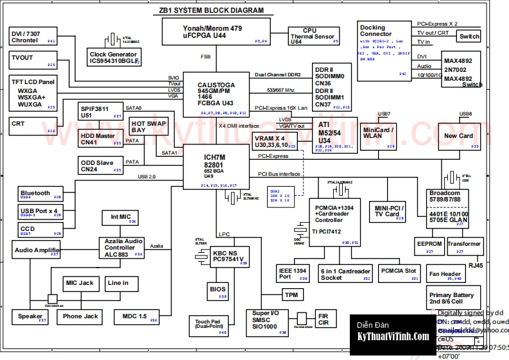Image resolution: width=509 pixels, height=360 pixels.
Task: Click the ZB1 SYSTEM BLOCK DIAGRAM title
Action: click(211, 11)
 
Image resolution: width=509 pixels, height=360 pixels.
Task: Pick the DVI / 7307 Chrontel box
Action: click(33, 37)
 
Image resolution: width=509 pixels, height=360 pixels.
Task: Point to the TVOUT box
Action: click(33, 61)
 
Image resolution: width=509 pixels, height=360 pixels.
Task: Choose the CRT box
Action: click(33, 126)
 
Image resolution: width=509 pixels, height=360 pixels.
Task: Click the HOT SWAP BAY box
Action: click(148, 126)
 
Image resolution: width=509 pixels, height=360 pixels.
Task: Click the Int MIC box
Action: click(121, 218)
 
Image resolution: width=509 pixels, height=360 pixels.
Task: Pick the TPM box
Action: click(291, 295)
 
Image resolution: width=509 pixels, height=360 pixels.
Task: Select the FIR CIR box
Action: click(323, 319)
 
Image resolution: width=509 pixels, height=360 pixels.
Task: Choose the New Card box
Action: click(459, 137)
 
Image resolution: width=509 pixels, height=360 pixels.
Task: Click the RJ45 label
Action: click(476, 265)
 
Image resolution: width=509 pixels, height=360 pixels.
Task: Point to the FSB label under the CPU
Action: click(205, 57)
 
